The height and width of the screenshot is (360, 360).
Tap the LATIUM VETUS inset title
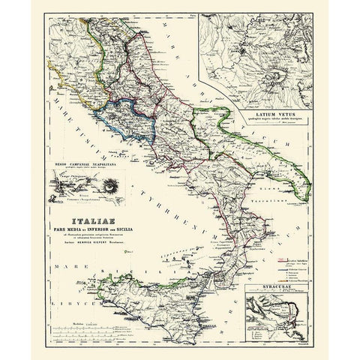click(261, 115)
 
